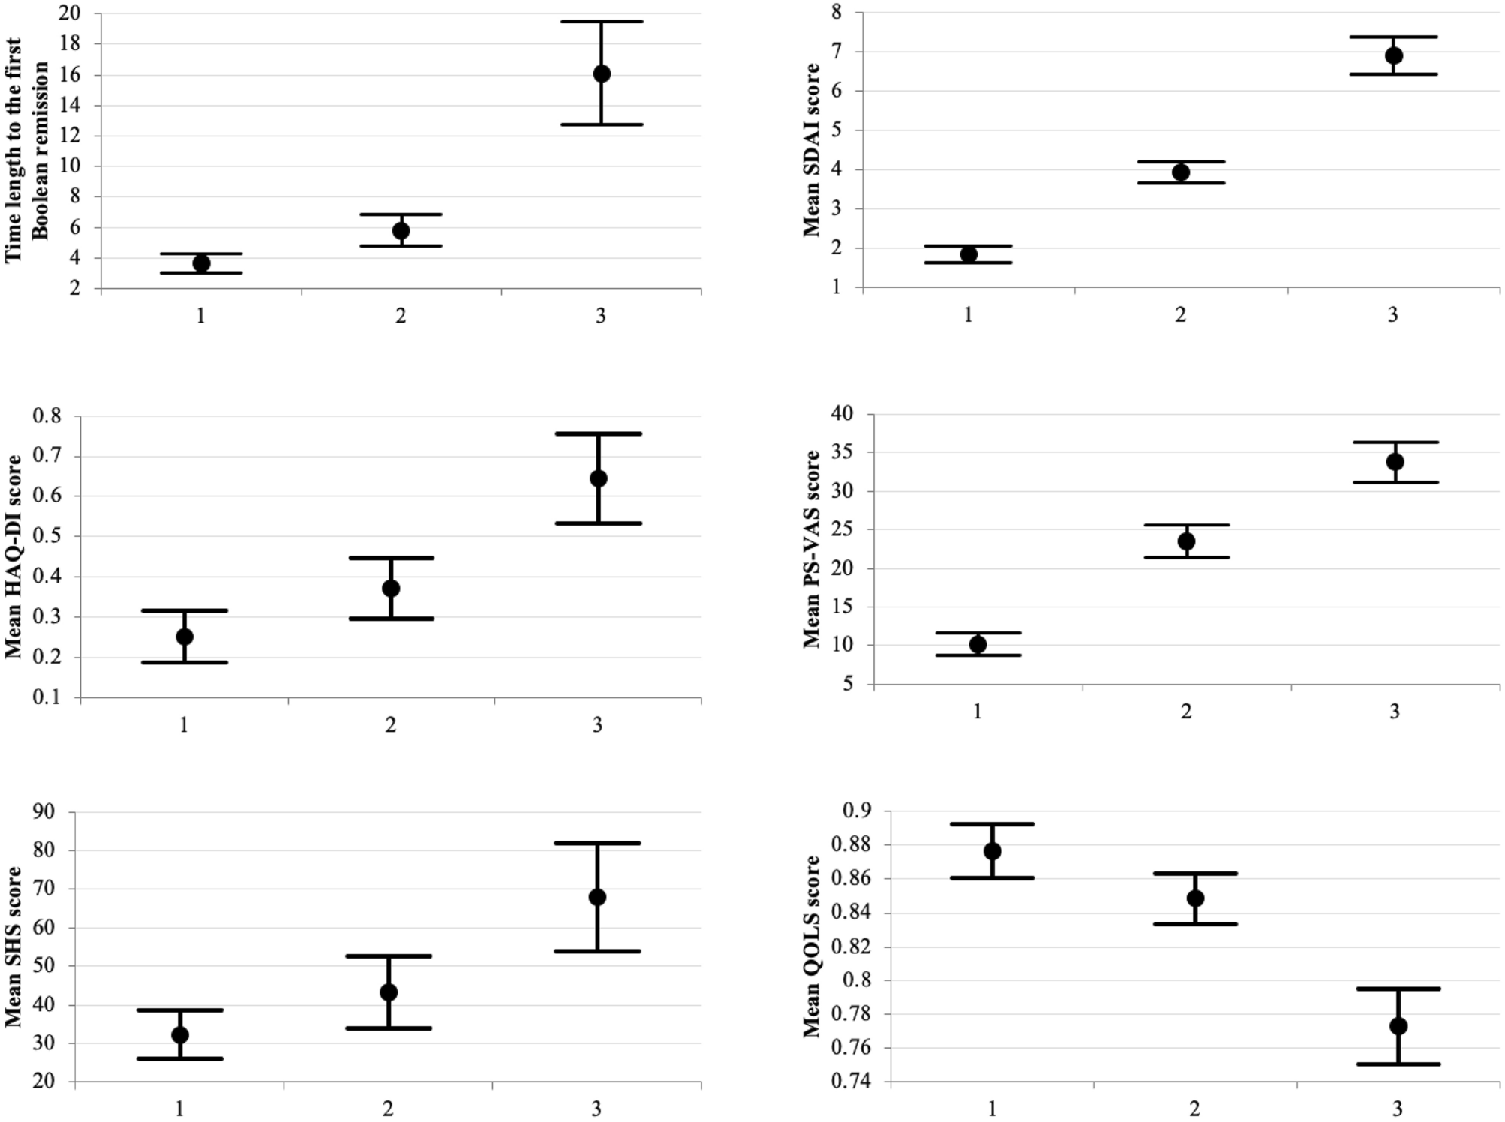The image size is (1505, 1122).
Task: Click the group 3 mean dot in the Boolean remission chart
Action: coord(601,73)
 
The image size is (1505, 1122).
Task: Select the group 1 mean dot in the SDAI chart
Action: coord(968,254)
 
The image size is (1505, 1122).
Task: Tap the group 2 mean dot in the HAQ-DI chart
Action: coord(391,589)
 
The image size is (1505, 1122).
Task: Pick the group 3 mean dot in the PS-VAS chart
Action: coord(1395,462)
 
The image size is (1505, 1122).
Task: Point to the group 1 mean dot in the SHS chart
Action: coord(180,1035)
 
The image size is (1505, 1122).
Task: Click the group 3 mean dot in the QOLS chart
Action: coord(1398,1026)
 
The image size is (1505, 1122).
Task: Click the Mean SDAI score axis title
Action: coord(812,150)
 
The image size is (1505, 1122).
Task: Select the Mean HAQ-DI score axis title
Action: coord(14,556)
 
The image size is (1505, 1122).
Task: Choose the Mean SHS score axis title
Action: coord(14,946)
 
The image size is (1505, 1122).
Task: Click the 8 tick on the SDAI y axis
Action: coord(837,13)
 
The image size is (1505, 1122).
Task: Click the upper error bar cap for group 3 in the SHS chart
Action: coord(597,843)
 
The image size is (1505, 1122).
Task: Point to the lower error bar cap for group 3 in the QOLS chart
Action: coord(1398,1063)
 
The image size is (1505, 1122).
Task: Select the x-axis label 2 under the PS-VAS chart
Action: coord(1185,712)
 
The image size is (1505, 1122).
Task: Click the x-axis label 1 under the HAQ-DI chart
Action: coord(184,725)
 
